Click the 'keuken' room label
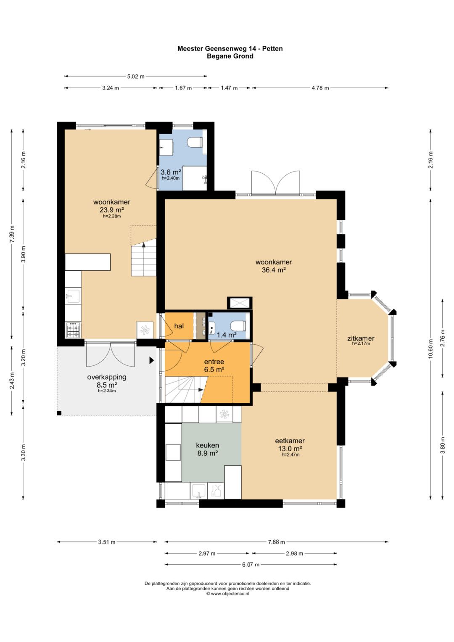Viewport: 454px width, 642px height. click(208, 445)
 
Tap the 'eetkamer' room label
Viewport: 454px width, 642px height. click(290, 441)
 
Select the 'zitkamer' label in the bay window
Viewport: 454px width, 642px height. click(361, 338)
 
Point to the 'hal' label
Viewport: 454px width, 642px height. click(179, 326)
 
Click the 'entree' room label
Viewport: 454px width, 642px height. click(214, 362)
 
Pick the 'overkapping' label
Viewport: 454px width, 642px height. click(107, 377)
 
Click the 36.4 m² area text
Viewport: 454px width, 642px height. click(274, 269)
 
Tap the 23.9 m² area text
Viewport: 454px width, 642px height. click(112, 209)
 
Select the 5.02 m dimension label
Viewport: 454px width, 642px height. click(135, 77)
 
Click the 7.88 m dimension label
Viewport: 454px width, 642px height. click(276, 542)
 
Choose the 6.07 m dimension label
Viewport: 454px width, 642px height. click(251, 565)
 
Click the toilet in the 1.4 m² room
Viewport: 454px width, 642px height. click(238, 326)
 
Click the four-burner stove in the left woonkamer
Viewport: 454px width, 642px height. click(74, 330)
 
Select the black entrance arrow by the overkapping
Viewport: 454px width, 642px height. click(152, 361)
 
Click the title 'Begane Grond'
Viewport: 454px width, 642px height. click(230, 56)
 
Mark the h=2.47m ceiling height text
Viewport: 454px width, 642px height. click(290, 454)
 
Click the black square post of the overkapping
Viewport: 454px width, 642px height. click(59, 413)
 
